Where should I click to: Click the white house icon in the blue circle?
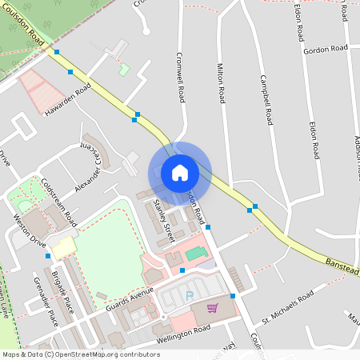tap(180, 173)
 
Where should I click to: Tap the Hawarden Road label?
tap(68, 98)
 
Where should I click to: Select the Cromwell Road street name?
tap(181, 78)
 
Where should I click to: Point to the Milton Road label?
tap(220, 82)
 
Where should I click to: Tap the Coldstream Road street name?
tap(58, 199)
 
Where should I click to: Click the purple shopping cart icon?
tap(212, 307)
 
